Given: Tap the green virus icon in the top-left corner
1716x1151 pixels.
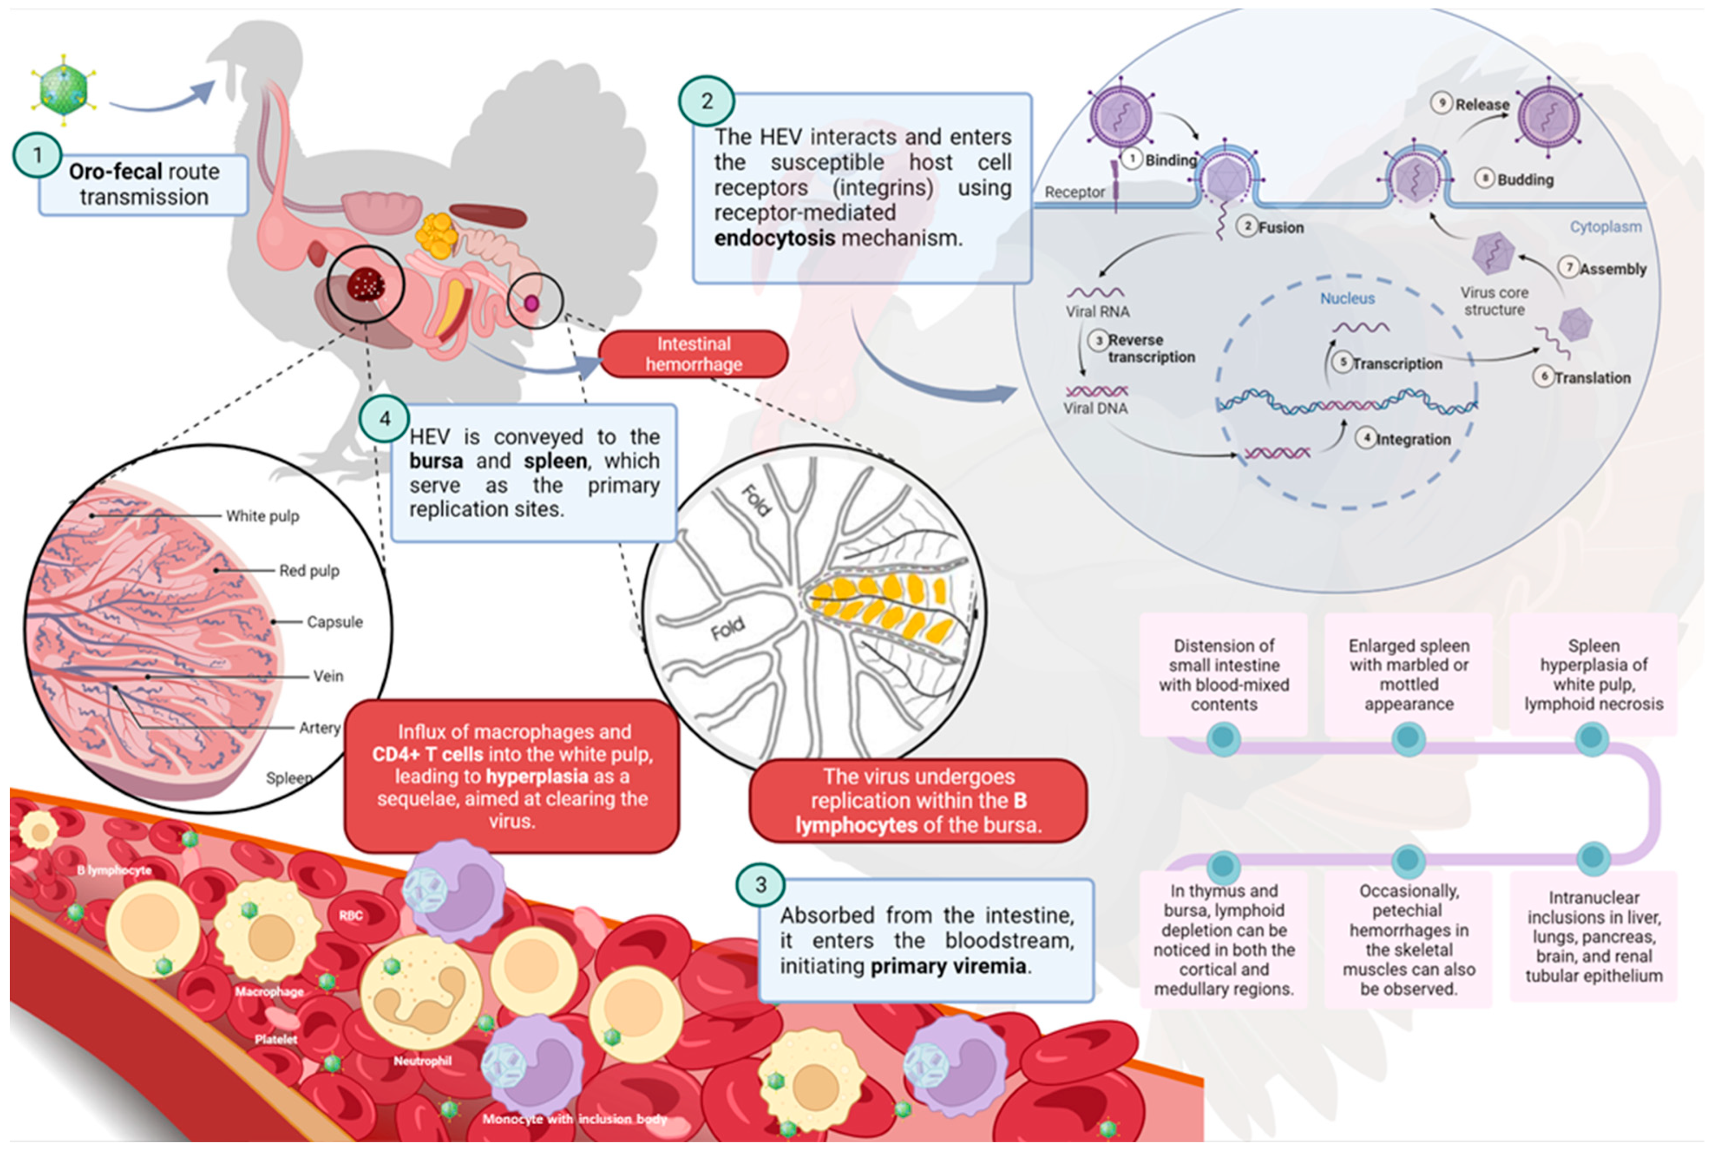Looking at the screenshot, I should click(63, 90).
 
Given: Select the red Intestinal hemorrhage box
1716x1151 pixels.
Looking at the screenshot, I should click(694, 354).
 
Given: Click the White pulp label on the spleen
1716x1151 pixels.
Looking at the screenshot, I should click(262, 516).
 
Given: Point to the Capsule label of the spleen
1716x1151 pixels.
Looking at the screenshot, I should click(334, 622).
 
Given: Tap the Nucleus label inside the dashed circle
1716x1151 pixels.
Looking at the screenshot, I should click(1347, 298).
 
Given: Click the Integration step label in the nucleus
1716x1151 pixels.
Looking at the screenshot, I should click(1413, 439).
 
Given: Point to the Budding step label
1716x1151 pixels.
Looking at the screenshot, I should click(1525, 180).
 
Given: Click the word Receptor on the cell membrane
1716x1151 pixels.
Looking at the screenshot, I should click(1074, 192).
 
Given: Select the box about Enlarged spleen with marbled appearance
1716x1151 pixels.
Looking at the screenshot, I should click(1408, 675).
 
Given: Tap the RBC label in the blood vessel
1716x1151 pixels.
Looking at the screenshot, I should click(351, 915).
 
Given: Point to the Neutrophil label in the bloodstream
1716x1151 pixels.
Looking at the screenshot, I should click(422, 1061).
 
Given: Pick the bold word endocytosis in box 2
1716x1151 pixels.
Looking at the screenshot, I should click(774, 238).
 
